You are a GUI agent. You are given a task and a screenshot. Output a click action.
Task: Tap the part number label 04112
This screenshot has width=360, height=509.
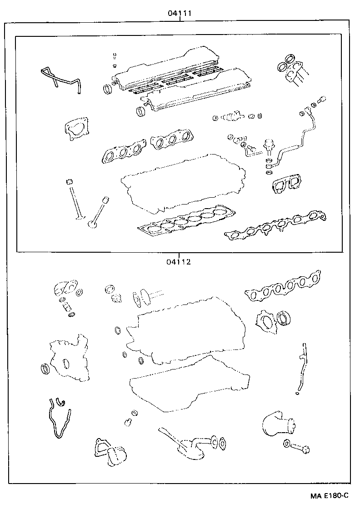coord(178,261)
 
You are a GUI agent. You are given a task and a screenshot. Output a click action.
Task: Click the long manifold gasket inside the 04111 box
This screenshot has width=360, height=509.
coord(276,226)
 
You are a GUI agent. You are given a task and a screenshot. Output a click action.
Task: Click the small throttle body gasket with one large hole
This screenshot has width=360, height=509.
coord(76,128)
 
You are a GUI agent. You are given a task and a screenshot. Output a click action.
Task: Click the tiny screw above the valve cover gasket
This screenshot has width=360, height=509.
coord(115,57)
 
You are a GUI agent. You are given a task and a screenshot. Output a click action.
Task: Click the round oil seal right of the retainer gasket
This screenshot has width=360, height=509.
coord(285,318)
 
